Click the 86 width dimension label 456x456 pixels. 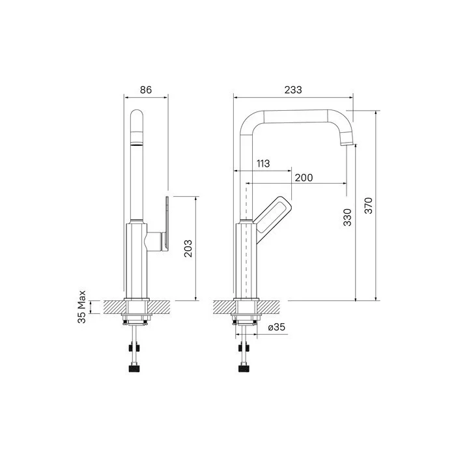(x=146, y=90)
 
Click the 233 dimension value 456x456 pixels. (x=293, y=90)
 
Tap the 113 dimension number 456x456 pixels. (x=263, y=164)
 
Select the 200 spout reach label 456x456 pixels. (x=304, y=177)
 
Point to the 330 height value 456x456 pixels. (x=347, y=217)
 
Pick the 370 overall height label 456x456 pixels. (x=369, y=205)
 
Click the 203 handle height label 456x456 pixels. (x=188, y=248)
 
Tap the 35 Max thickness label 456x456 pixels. (x=81, y=307)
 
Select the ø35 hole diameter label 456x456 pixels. (x=277, y=327)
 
